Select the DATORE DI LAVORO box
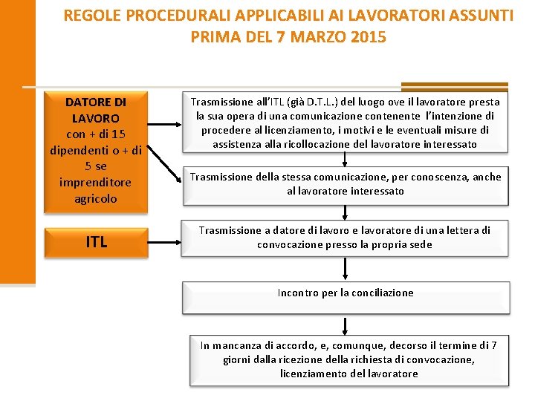[96, 149]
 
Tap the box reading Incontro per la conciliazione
[345, 293]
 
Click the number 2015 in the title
[367, 36]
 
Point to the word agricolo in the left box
[96, 199]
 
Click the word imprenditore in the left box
[96, 183]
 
